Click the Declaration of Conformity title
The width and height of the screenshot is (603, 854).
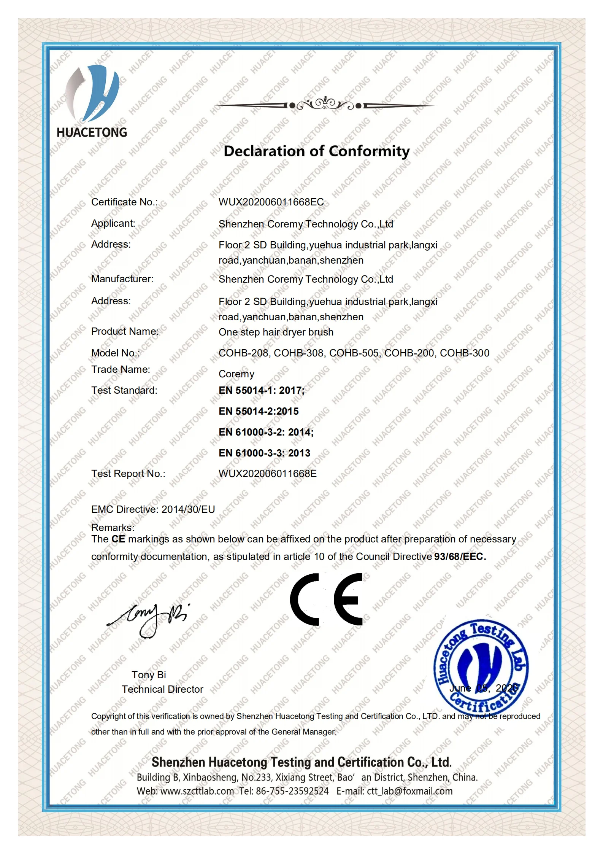click(316, 151)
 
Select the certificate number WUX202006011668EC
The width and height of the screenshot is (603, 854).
click(271, 202)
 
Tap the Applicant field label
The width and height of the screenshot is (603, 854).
click(113, 223)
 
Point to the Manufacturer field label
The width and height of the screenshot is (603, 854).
click(122, 279)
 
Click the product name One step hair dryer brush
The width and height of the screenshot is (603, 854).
click(276, 332)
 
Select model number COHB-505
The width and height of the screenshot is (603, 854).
click(354, 353)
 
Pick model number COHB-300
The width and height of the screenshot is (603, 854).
click(464, 353)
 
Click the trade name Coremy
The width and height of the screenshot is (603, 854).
click(236, 374)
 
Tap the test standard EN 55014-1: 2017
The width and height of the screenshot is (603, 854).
click(261, 390)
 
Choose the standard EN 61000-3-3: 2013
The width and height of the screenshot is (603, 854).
click(264, 453)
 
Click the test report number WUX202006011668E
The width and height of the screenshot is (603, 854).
click(267, 474)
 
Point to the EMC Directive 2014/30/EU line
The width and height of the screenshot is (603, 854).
click(153, 509)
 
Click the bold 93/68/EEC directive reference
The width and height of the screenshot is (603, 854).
click(460, 557)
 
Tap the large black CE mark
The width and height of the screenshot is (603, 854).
click(326, 600)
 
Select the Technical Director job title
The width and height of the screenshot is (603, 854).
click(162, 689)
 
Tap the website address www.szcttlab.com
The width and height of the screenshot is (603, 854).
click(197, 791)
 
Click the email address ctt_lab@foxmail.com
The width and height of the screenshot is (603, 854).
click(409, 791)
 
